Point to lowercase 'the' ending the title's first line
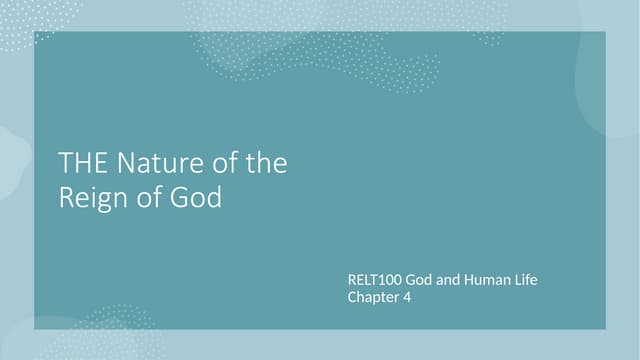[x=266, y=163]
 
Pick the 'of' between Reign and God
[x=150, y=197]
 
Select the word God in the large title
[x=196, y=197]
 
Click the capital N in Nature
[x=126, y=163]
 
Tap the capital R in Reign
[x=66, y=197]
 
